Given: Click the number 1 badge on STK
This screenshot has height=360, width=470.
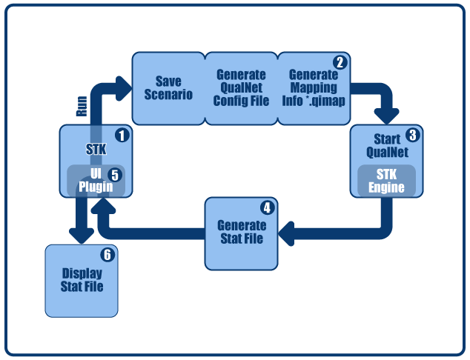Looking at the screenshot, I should (x=122, y=136).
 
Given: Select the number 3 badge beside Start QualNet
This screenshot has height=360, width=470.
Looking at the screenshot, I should (x=413, y=136).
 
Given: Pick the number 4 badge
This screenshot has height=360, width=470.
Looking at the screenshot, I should (x=267, y=208).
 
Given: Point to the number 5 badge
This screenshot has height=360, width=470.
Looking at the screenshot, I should (x=114, y=175).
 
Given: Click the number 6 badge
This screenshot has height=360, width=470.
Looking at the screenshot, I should (x=107, y=256).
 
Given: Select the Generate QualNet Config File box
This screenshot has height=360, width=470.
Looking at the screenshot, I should (x=241, y=87).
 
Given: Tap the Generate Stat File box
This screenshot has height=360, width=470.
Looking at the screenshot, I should (x=241, y=233).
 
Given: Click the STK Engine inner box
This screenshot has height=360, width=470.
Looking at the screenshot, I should (x=386, y=181).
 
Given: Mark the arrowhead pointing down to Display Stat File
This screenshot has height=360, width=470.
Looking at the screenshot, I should (x=80, y=233).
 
